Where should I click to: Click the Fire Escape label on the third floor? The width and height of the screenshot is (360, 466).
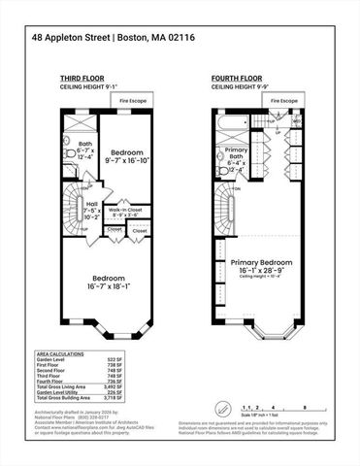coord(135,100)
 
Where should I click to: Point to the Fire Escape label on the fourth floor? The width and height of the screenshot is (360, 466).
coord(284,100)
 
